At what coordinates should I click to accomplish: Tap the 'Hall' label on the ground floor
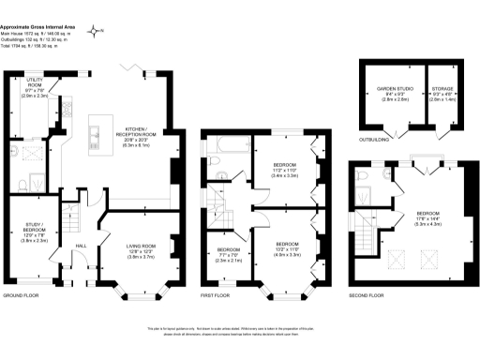coord(81,246)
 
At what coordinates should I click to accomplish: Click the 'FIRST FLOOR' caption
coord(218,295)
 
